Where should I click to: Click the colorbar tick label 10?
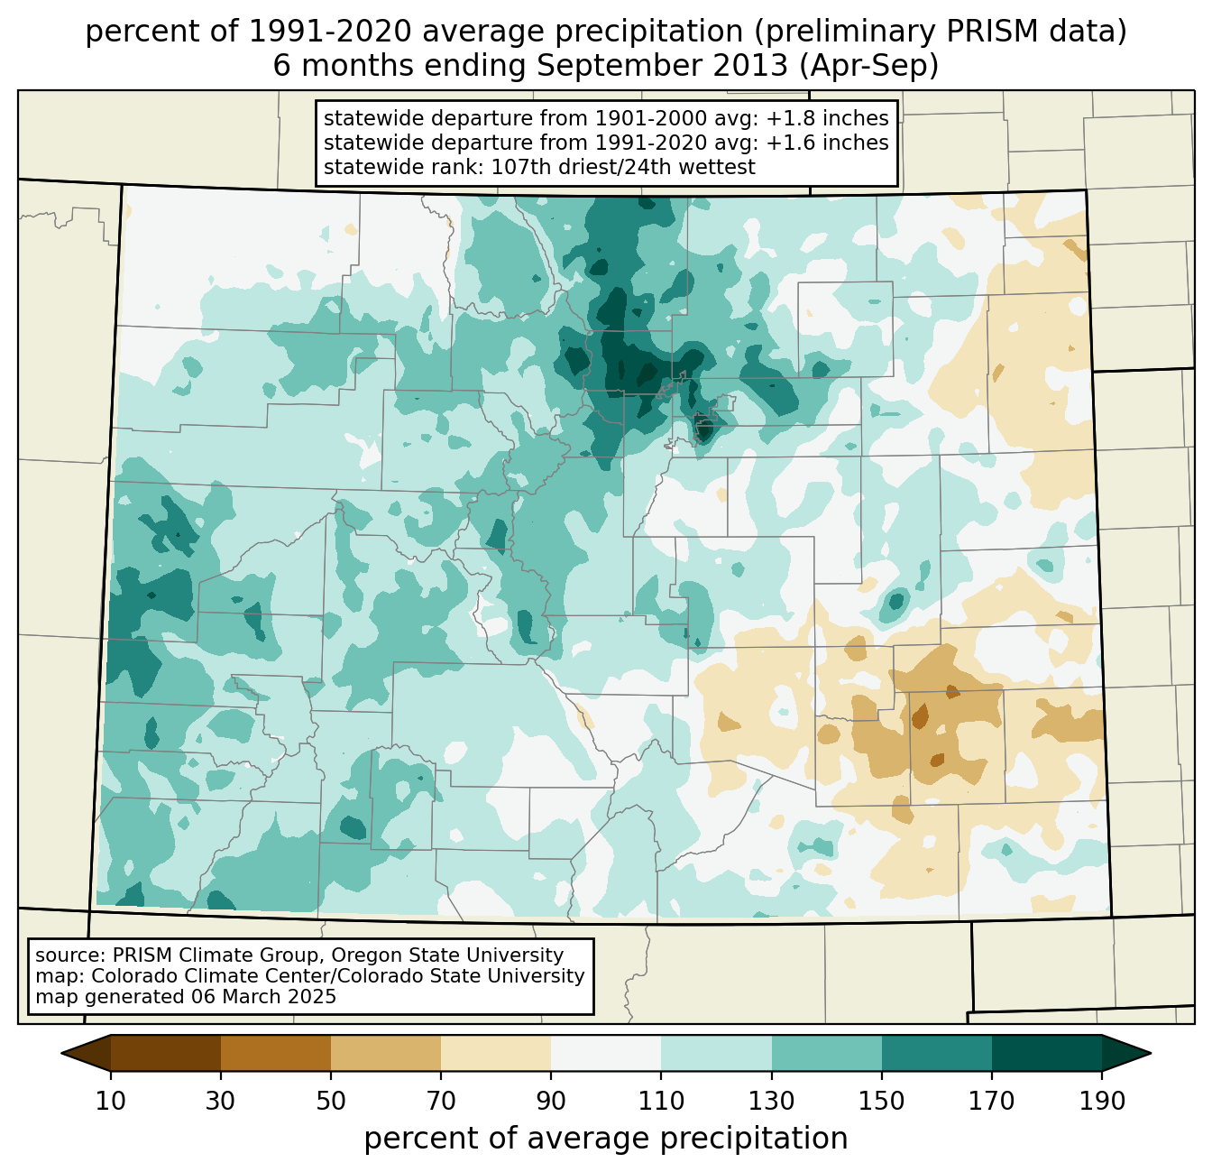coord(111,1102)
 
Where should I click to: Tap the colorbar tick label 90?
coord(551,1102)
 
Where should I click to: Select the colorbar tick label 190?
coord(1101,1102)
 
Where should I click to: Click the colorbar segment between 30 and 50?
coord(276,1053)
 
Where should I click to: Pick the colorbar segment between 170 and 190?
coord(1046,1053)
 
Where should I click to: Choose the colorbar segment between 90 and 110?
coord(606,1053)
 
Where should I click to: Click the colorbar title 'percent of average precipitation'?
coord(606,1139)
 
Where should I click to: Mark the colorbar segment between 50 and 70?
coord(386,1053)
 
